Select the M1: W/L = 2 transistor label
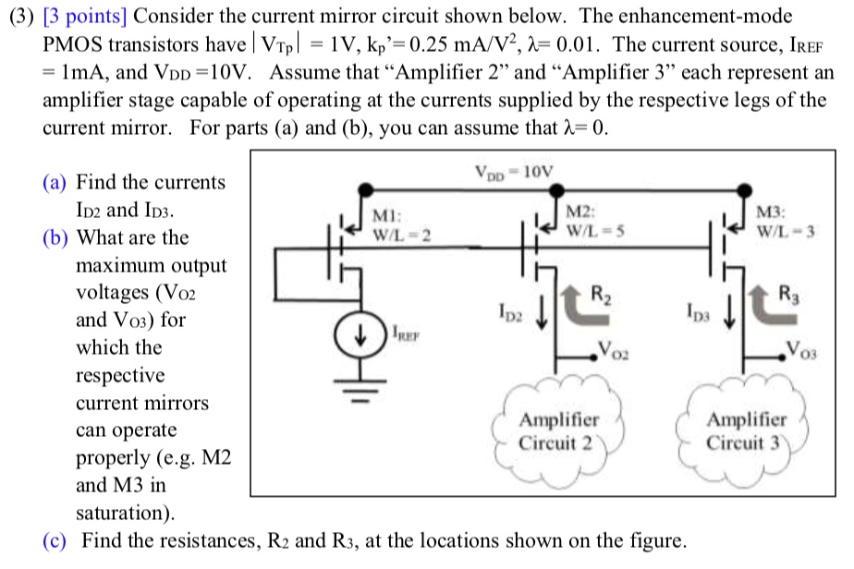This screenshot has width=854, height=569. point(394,224)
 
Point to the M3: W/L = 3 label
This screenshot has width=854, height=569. point(785,223)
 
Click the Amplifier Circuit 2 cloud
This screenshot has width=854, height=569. point(559,431)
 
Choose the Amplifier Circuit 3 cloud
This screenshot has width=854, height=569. point(745,431)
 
